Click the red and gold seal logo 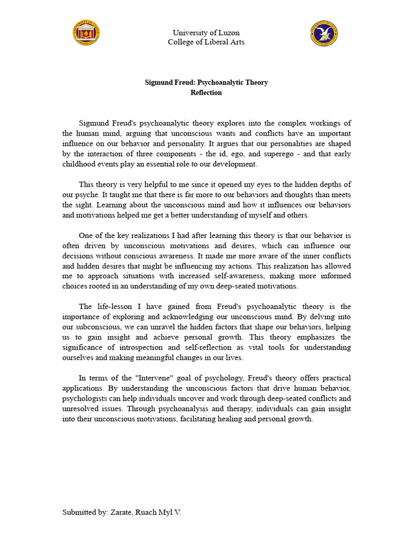(x=86, y=33)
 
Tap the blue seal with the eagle (x=324, y=33)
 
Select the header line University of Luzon (x=206, y=33)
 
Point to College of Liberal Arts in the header (x=206, y=42)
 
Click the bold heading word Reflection (x=206, y=92)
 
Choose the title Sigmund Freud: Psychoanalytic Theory (x=206, y=83)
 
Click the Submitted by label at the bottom (x=84, y=512)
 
